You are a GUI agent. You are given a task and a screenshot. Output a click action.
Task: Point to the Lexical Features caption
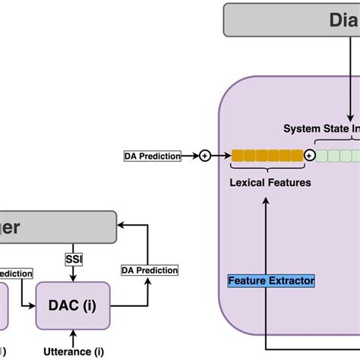(270, 182)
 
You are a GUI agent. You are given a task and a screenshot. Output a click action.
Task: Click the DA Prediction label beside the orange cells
(153, 156)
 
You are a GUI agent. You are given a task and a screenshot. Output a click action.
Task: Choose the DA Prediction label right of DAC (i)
(150, 270)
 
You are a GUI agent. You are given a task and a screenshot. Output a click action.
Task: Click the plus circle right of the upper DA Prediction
(204, 156)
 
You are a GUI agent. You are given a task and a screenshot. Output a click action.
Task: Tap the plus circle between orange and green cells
(309, 156)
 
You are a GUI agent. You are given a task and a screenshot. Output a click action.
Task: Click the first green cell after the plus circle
(321, 156)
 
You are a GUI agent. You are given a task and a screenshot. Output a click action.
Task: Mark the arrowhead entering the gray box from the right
(122, 226)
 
